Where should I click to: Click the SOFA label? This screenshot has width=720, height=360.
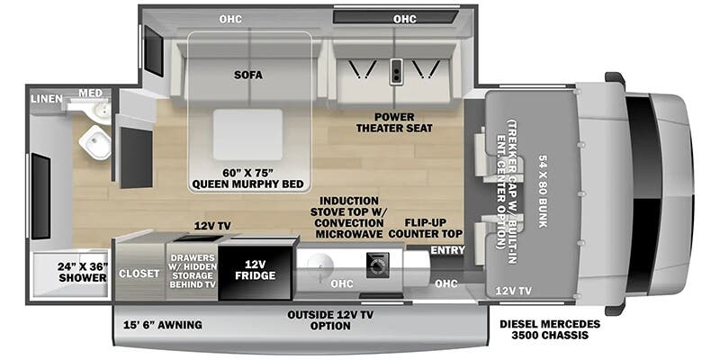248,75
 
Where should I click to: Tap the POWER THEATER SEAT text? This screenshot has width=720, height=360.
394,122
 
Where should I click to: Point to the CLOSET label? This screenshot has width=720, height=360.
139,274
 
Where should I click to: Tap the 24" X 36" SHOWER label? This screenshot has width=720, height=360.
83,273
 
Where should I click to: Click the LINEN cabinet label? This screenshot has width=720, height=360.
47,99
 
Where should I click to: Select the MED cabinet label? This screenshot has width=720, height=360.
90,94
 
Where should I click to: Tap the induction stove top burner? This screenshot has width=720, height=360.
377,265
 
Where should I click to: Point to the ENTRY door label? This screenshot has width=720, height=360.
447,250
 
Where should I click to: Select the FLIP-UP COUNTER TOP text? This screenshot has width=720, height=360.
425,229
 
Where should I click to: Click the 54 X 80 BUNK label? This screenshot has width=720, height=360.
544,192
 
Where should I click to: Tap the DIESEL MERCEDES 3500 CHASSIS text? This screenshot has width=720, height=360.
550,329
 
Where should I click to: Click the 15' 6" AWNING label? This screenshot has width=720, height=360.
163,325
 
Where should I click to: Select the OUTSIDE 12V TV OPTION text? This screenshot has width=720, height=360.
330,320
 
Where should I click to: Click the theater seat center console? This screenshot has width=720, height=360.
395,71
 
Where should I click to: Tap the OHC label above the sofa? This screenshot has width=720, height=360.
230,19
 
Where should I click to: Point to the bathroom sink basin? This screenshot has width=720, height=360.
100,110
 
